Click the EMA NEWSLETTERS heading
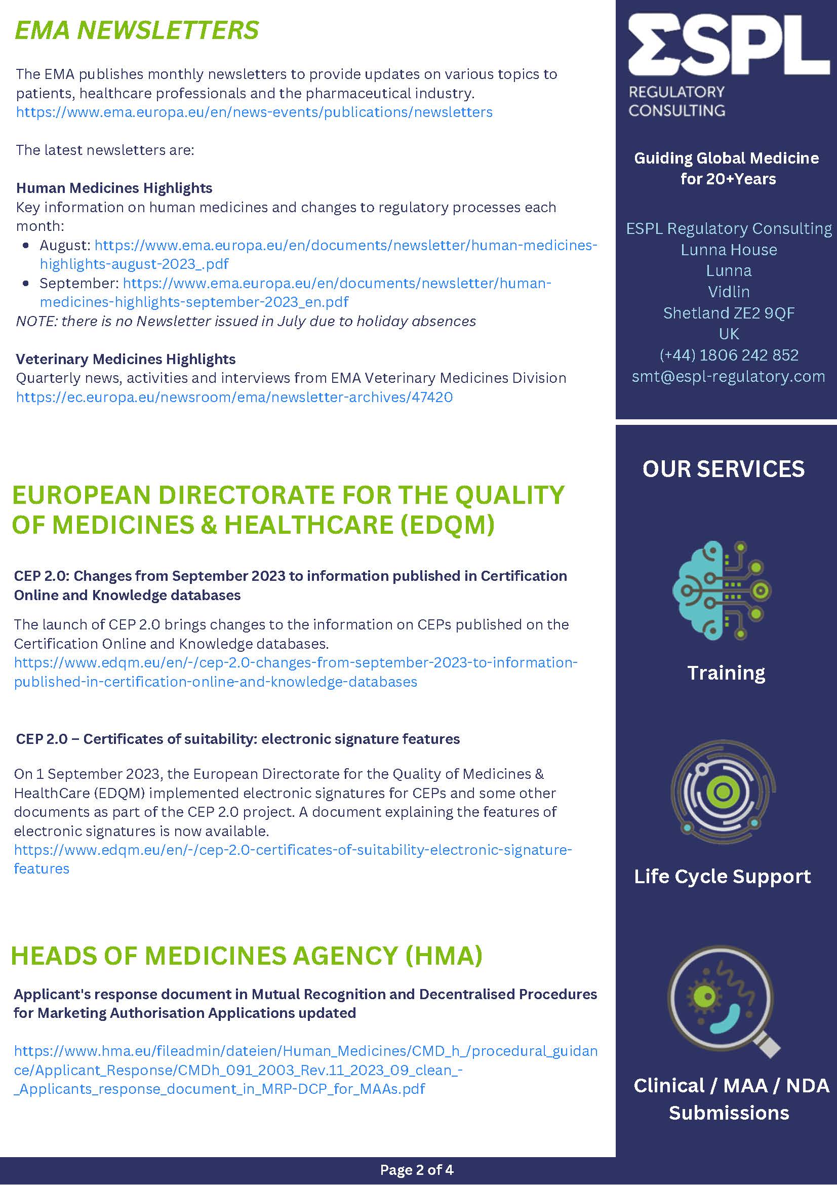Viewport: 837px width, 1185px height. (x=137, y=30)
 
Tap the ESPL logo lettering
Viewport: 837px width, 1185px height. (x=728, y=47)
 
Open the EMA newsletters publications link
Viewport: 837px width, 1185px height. (x=254, y=112)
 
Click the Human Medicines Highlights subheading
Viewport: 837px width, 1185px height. (x=114, y=188)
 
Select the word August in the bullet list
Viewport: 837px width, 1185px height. (x=64, y=245)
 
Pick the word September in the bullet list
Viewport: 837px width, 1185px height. (x=79, y=284)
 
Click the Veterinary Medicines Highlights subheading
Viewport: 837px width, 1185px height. (x=126, y=359)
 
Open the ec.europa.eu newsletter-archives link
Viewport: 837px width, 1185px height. (x=234, y=397)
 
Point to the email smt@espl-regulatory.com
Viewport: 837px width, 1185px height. (x=728, y=376)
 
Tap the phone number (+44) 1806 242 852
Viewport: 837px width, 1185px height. (x=729, y=355)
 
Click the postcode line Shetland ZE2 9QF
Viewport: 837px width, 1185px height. (x=729, y=313)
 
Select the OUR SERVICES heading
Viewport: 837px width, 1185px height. (x=723, y=468)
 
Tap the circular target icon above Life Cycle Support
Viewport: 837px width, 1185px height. (x=723, y=791)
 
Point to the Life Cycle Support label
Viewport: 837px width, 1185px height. (x=722, y=877)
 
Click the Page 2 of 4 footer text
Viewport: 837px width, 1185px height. (x=416, y=1169)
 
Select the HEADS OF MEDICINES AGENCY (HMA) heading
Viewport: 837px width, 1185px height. (x=247, y=955)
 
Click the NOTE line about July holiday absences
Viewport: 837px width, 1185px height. (x=246, y=321)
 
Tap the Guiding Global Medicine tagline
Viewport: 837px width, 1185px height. (x=727, y=168)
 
